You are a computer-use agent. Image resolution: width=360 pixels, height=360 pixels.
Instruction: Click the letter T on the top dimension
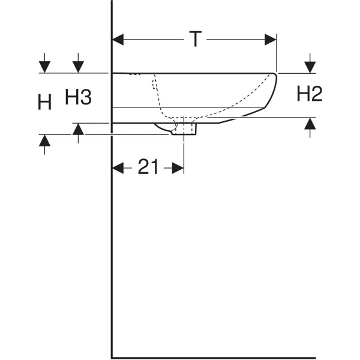(x=194, y=39)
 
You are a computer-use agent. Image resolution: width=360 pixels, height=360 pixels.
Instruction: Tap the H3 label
(x=78, y=97)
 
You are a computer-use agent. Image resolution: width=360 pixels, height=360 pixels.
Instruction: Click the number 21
(x=148, y=168)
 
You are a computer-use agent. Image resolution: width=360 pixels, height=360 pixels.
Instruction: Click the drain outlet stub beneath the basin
(x=183, y=129)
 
